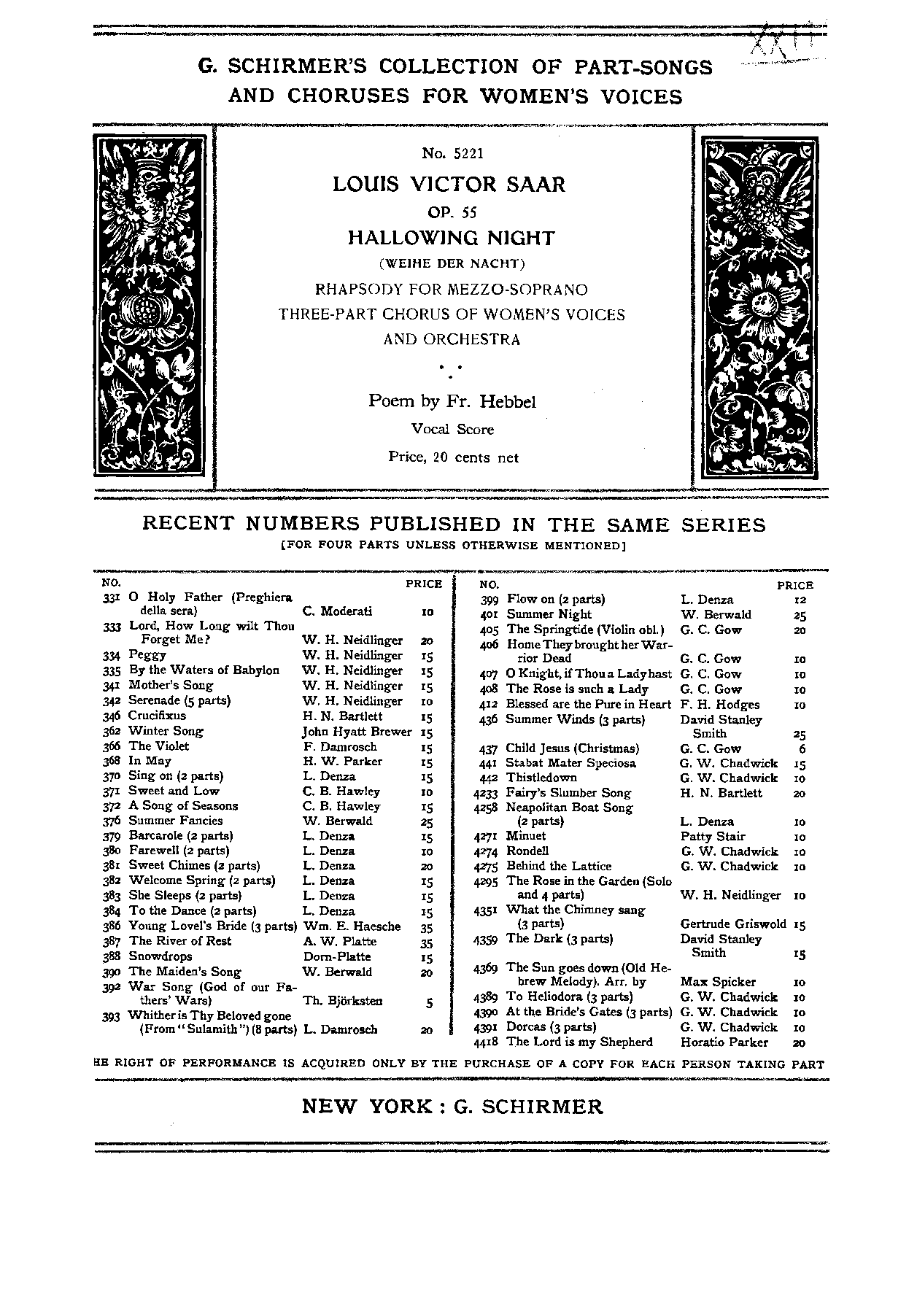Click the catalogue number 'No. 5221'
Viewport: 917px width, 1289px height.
pyautogui.click(x=452, y=153)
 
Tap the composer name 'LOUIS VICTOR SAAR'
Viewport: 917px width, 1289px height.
pyautogui.click(x=449, y=184)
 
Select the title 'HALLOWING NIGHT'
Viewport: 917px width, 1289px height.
pyautogui.click(x=451, y=238)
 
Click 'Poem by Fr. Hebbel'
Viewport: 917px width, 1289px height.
pyautogui.click(x=452, y=400)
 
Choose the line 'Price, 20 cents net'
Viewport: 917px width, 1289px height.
pyautogui.click(x=453, y=457)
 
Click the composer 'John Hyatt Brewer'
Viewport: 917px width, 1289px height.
pyautogui.click(x=357, y=731)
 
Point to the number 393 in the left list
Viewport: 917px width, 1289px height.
pyautogui.click(x=112, y=1015)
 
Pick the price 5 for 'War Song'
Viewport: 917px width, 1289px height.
pyautogui.click(x=429, y=1002)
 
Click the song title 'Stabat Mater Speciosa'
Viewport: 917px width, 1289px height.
pyautogui.click(x=571, y=763)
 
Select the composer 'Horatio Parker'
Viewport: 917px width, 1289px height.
pyautogui.click(x=724, y=1042)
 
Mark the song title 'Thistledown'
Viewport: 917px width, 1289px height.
pyautogui.click(x=541, y=778)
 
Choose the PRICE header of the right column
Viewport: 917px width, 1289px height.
pyautogui.click(x=794, y=585)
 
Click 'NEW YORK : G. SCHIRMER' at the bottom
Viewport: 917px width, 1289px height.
pyautogui.click(x=452, y=1107)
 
